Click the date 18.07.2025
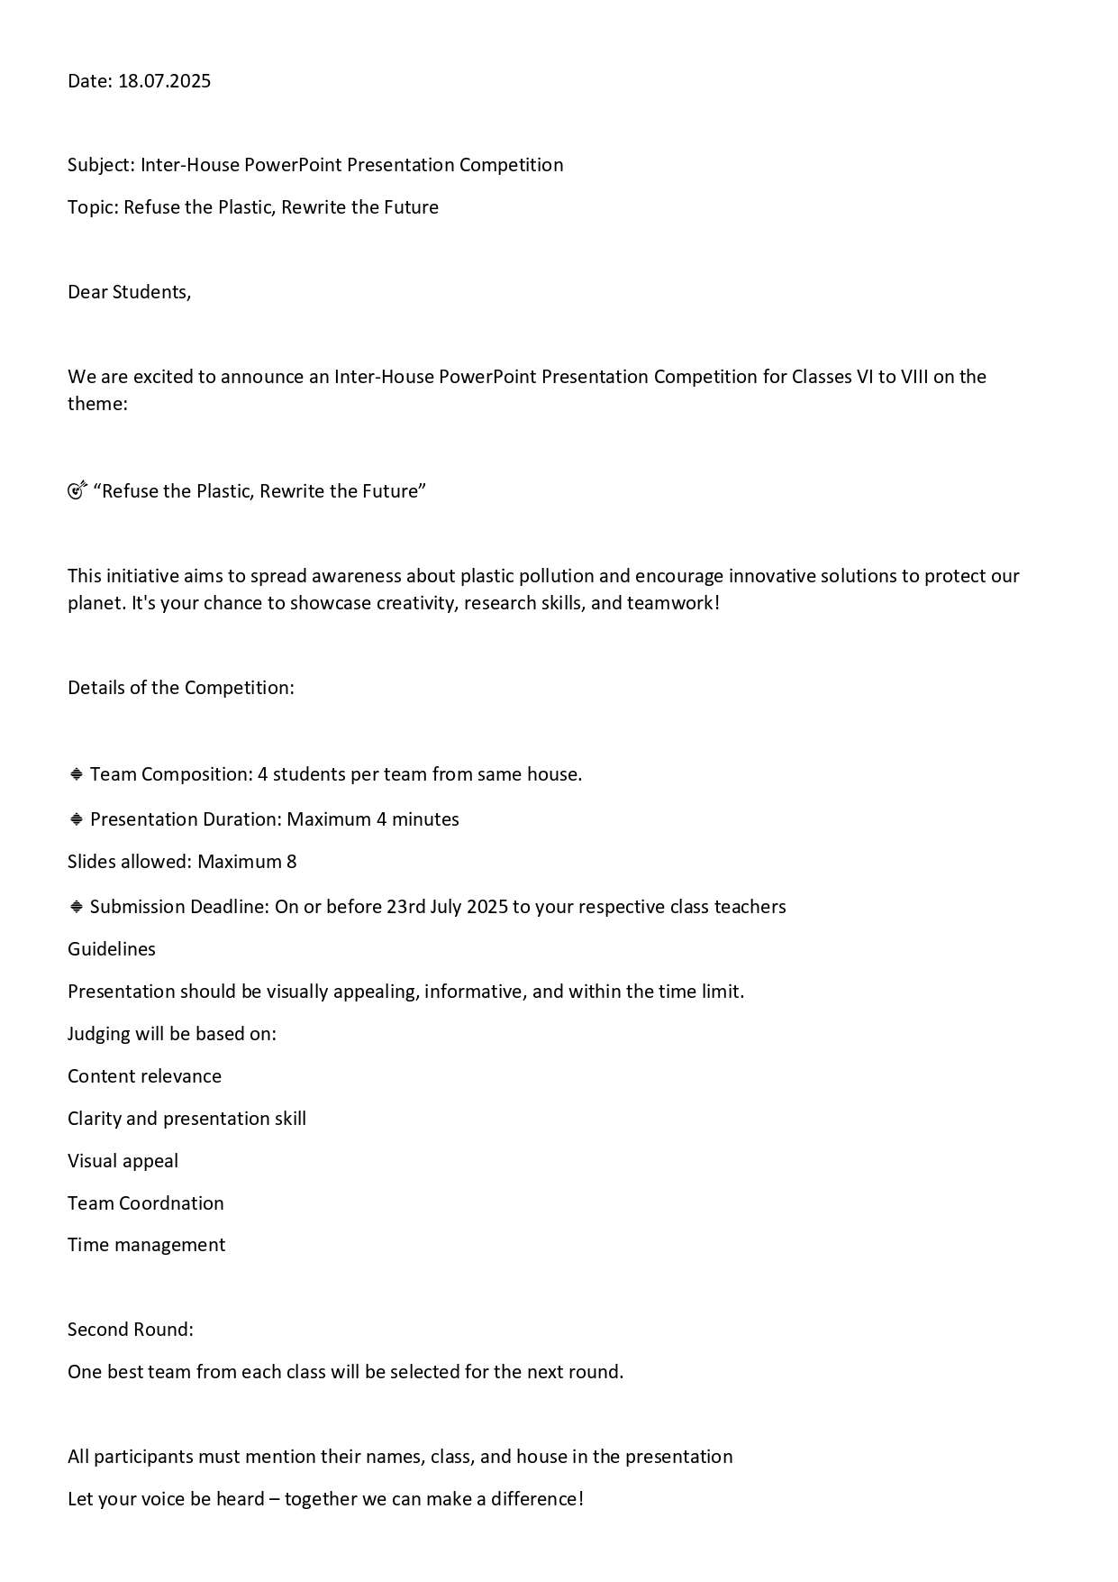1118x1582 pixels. coord(164,81)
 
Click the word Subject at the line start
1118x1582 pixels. coord(101,165)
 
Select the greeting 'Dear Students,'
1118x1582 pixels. coord(129,292)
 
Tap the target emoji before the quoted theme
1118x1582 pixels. coord(77,490)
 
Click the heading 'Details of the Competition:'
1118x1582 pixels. coord(180,688)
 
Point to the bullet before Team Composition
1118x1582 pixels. coord(77,774)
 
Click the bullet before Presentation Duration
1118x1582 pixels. coord(77,819)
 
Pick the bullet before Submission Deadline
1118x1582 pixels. coord(77,907)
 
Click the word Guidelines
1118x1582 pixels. coord(112,949)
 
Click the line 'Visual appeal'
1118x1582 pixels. coord(123,1161)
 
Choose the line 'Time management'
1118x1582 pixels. coord(146,1245)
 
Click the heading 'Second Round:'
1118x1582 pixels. coord(131,1330)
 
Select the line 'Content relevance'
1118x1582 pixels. coord(144,1076)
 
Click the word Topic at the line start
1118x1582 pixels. coord(92,207)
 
